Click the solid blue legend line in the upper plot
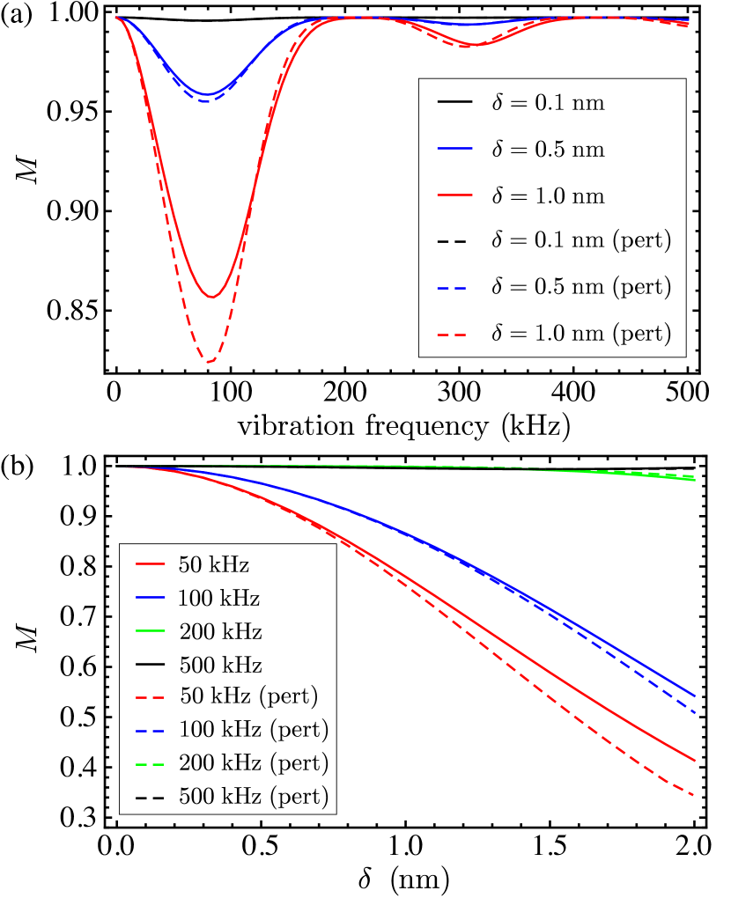(454, 148)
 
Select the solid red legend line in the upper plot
(454, 195)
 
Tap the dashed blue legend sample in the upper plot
(452, 288)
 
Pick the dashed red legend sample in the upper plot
(452, 335)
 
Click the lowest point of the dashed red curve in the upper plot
(210, 361)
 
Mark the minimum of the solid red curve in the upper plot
(211, 297)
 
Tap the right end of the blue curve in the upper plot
(689, 20)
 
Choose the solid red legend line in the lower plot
(151, 563)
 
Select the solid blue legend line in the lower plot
(151, 597)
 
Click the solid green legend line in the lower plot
(151, 630)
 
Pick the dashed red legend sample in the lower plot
(151, 697)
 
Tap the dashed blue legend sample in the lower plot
(151, 731)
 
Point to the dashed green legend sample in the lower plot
(151, 764)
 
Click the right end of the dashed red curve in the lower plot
(695, 795)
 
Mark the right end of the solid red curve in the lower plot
(695, 760)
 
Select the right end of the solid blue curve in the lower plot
(695, 696)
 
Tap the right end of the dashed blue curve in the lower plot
(695, 711)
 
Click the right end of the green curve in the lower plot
(694, 478)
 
